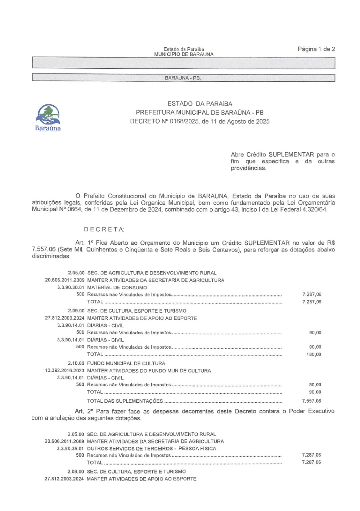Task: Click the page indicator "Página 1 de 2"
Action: pyautogui.click(x=316, y=49)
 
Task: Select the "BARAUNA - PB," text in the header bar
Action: pyautogui.click(x=183, y=78)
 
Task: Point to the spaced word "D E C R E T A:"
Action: pyautogui.click(x=104, y=229)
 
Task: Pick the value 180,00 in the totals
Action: pyautogui.click(x=314, y=354)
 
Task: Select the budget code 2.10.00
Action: pyautogui.click(x=76, y=363)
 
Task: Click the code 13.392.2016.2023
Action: pyautogui.click(x=64, y=371)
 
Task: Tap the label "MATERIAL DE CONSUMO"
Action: pyautogui.click(x=117, y=288)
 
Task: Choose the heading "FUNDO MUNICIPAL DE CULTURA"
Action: pyautogui.click(x=126, y=363)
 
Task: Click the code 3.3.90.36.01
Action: pyautogui.click(x=70, y=449)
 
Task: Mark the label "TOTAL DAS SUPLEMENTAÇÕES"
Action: pyautogui.click(x=125, y=401)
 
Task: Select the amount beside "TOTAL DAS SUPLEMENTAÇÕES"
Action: pyautogui.click(x=311, y=401)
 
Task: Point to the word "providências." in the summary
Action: pyautogui.click(x=248, y=168)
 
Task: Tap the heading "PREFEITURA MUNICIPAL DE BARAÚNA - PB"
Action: pyautogui.click(x=199, y=113)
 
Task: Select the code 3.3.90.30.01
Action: pyautogui.click(x=71, y=288)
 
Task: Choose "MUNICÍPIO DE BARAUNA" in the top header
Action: pyautogui.click(x=184, y=54)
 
